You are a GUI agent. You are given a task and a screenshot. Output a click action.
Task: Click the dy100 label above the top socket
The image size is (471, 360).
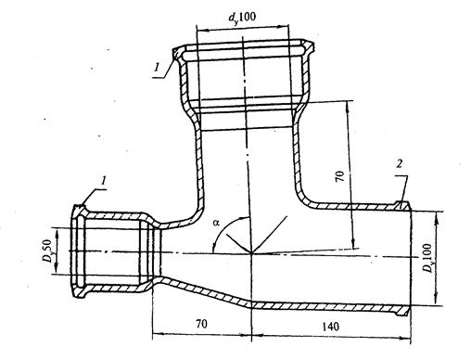[242, 17]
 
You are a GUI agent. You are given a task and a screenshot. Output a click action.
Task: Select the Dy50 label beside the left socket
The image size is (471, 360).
[47, 251]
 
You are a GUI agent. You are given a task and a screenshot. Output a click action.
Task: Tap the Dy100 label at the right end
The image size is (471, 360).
[427, 258]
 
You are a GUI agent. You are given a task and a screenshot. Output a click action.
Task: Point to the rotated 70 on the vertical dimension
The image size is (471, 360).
[340, 176]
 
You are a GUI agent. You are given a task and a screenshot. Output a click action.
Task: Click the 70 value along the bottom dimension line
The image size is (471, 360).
[201, 324]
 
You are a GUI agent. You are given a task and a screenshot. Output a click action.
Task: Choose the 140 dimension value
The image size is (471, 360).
[330, 327]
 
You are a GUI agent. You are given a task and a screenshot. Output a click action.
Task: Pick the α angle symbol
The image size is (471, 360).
[216, 222]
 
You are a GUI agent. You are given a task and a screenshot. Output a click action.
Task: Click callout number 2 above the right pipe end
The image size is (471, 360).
[400, 164]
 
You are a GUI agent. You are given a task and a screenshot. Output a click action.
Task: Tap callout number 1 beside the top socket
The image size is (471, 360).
[158, 67]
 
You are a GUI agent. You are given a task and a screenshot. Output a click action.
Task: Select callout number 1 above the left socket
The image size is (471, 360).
[104, 181]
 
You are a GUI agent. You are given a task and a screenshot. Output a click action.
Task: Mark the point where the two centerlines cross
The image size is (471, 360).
[251, 253]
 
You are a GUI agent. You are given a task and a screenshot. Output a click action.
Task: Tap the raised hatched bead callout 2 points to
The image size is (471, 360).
[402, 205]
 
